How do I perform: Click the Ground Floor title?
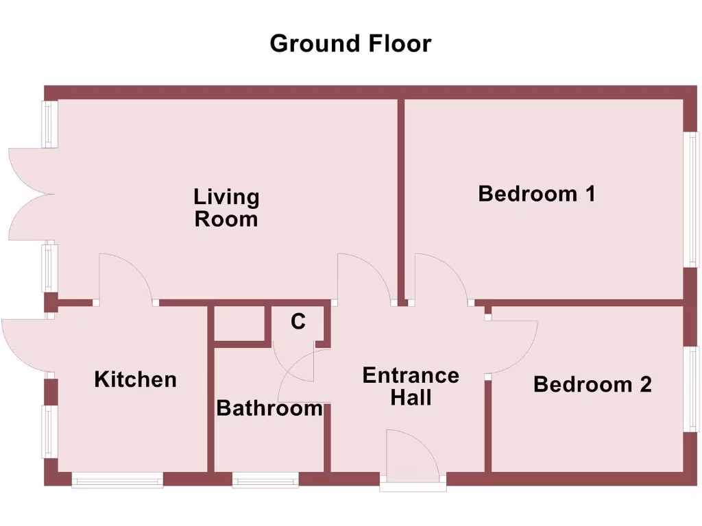pos(350,43)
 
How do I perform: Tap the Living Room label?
pos(226,208)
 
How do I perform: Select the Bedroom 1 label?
pos(537,194)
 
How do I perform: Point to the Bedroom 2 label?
pos(592,384)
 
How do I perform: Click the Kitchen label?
pos(135,379)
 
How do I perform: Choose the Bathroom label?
pos(269,409)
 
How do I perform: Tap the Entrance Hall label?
pos(411,386)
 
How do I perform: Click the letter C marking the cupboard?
pos(298,321)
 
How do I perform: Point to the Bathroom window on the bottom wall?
pos(265,481)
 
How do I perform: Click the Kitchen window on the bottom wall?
pos(117,481)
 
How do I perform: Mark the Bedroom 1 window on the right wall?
pos(692,199)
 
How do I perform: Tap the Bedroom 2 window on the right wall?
pos(692,389)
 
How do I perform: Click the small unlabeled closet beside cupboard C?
pos(239,323)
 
